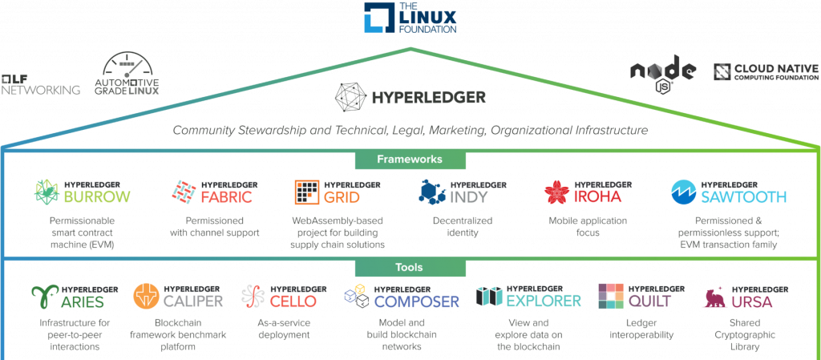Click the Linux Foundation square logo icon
376,17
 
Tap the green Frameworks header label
410,160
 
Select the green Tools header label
410,267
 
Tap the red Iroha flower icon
556,192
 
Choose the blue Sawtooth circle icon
684,192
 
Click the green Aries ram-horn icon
46,297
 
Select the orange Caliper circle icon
146,296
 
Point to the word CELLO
293,301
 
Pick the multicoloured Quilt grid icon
612,297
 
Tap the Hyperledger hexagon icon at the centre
350,97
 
